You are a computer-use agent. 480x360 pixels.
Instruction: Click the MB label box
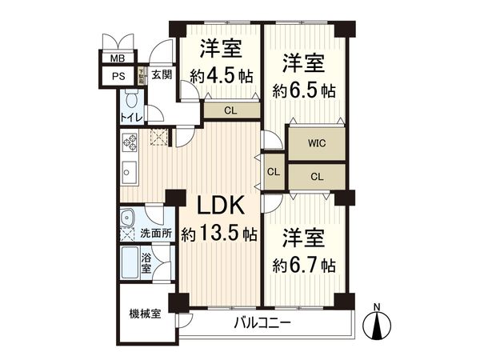pyautogui.click(x=118, y=59)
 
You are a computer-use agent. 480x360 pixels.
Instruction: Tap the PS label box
pyautogui.click(x=118, y=76)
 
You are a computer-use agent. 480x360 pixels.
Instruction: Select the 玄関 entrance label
pyautogui.click(x=161, y=75)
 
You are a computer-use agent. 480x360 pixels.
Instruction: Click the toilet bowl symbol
pyautogui.click(x=130, y=101)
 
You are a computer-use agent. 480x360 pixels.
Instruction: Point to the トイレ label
pyautogui.click(x=130, y=118)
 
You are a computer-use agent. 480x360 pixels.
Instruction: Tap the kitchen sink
pyautogui.click(x=128, y=173)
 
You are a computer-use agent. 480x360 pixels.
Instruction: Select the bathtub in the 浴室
pyautogui.click(x=128, y=260)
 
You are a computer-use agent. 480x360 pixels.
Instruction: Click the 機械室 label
pyautogui.click(x=145, y=313)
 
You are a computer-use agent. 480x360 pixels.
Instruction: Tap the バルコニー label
pyautogui.click(x=262, y=324)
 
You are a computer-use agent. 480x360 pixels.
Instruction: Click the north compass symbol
pyautogui.click(x=379, y=324)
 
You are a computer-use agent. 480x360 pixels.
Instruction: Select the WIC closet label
pyautogui.click(x=317, y=144)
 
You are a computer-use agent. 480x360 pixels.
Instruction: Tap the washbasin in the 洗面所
pyautogui.click(x=128, y=218)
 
